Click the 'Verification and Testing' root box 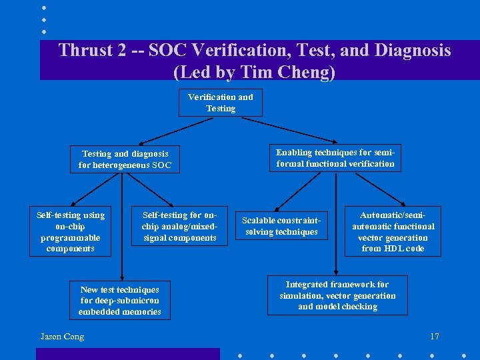tap(220, 103)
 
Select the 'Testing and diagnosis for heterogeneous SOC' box tap(125, 159)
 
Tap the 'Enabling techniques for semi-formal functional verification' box tap(335, 158)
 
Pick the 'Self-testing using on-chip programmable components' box tap(70, 232)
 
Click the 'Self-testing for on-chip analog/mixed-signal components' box tap(179, 227)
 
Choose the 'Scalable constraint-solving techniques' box tap(281, 226)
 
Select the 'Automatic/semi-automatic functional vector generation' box tap(393, 231)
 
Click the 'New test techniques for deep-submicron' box tap(120, 301)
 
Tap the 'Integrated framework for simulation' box tap(337, 295)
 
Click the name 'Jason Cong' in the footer tap(62, 337)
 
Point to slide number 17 tap(434, 337)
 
